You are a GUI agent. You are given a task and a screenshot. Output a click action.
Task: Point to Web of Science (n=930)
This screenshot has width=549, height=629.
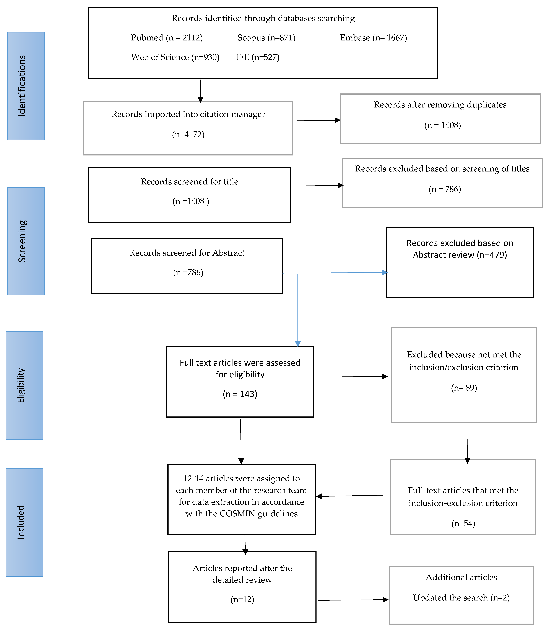click(x=175, y=57)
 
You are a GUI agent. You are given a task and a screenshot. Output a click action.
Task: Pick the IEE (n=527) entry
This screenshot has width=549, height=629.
click(x=257, y=57)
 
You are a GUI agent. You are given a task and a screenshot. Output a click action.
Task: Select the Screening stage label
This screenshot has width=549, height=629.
click(x=22, y=241)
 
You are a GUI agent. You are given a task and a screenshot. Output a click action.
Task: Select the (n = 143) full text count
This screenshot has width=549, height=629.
click(x=240, y=394)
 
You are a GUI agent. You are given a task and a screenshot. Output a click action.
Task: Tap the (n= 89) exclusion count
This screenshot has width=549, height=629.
click(x=464, y=388)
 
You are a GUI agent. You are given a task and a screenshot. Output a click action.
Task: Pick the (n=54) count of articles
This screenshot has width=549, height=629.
click(x=463, y=523)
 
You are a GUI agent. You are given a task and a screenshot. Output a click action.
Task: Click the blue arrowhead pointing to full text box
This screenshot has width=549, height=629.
click(x=298, y=344)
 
